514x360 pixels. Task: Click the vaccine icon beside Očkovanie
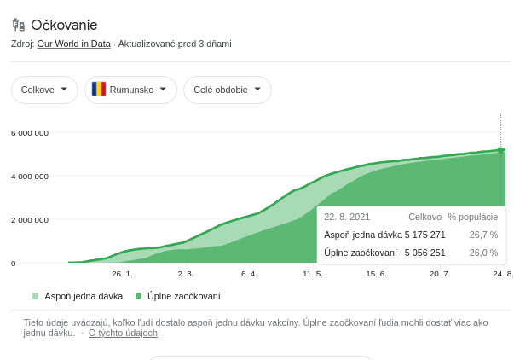pyautogui.click(x=19, y=25)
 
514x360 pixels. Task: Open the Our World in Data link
pyautogui.click(x=73, y=44)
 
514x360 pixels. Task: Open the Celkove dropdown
pyautogui.click(x=44, y=90)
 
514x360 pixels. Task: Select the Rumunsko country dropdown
pyautogui.click(x=130, y=90)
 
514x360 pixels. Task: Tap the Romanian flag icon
pyautogui.click(x=99, y=90)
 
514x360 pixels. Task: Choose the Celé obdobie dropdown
pyautogui.click(x=227, y=90)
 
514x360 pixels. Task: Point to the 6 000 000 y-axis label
pyautogui.click(x=30, y=132)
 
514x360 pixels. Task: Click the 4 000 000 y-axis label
pyautogui.click(x=30, y=176)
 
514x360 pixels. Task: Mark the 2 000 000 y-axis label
pyautogui.click(x=30, y=219)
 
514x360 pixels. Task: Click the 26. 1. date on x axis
pyautogui.click(x=122, y=274)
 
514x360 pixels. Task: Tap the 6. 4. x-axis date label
pyautogui.click(x=249, y=274)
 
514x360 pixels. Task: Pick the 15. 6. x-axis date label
pyautogui.click(x=376, y=274)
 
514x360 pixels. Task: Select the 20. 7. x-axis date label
pyautogui.click(x=440, y=274)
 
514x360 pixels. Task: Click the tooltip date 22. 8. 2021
pyautogui.click(x=347, y=217)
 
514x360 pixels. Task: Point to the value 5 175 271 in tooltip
pyautogui.click(x=424, y=235)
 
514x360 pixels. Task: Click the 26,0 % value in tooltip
pyautogui.click(x=483, y=253)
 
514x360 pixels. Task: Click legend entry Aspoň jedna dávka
pyautogui.click(x=83, y=296)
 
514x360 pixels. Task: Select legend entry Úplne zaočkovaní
pyautogui.click(x=183, y=296)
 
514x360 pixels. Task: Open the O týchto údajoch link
pyautogui.click(x=123, y=333)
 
